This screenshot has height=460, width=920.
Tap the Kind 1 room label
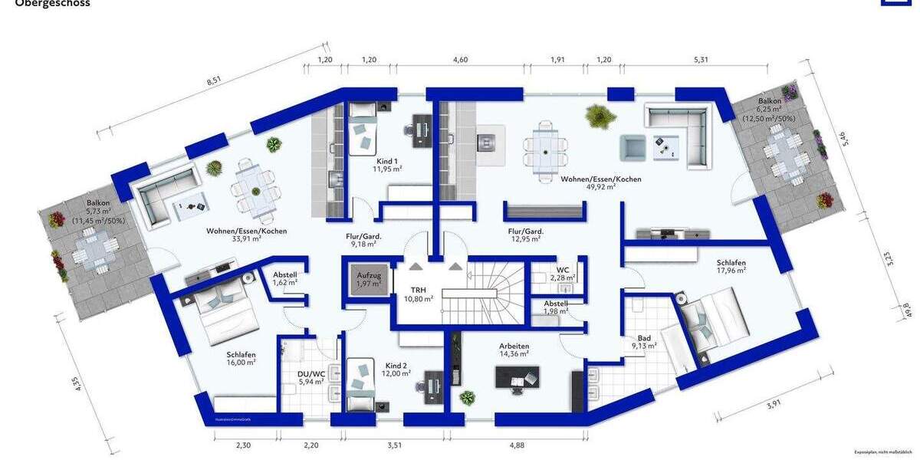(385, 165)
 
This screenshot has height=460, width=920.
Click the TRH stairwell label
(418, 294)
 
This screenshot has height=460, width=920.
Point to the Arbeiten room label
(514, 350)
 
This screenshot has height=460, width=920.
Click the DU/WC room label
(310, 377)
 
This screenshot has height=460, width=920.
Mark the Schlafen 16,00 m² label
(241, 359)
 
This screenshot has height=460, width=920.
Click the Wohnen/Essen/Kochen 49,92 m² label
(600, 182)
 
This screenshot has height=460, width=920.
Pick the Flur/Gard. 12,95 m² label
(525, 235)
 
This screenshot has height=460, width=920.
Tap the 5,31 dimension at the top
(701, 60)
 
